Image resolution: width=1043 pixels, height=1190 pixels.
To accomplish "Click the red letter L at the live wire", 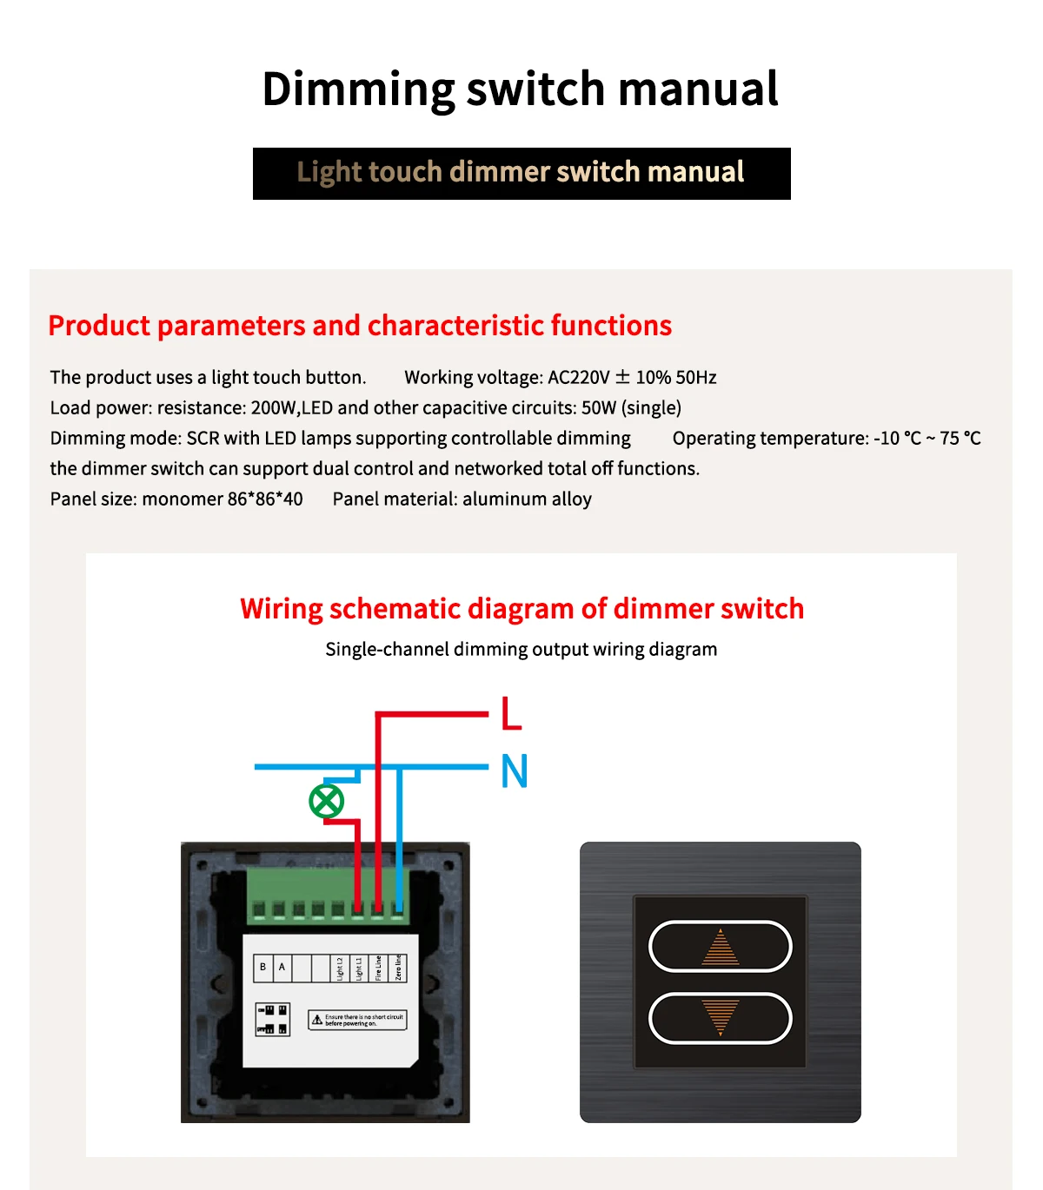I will click(511, 713).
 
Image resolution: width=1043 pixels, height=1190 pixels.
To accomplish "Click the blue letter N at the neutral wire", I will click(515, 770).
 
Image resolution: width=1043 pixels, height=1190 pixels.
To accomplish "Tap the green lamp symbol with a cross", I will click(327, 801).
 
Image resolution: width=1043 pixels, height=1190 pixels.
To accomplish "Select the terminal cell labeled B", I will click(262, 967).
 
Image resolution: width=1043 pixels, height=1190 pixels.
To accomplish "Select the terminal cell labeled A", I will click(282, 967).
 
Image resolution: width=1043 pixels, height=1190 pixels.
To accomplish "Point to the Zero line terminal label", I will click(398, 968).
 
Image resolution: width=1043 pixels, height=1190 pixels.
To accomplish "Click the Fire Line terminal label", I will click(378, 968).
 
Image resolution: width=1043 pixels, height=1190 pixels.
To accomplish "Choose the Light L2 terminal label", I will click(340, 968).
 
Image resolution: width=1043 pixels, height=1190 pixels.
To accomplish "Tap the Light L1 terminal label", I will click(359, 968).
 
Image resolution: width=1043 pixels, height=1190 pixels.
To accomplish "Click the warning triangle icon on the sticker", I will click(317, 1020).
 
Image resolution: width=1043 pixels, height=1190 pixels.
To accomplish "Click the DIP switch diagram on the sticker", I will click(272, 1020).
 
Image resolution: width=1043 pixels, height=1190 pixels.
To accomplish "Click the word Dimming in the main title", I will click(358, 89).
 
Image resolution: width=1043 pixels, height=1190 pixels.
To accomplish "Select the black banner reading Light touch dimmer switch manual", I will click(521, 174).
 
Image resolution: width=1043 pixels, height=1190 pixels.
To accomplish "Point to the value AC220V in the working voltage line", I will click(579, 378).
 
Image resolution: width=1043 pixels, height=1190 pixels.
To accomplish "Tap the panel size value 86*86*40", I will click(265, 499).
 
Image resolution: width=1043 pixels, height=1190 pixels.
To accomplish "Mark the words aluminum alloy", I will click(527, 499).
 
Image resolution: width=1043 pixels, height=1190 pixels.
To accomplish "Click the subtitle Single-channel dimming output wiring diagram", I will click(521, 650).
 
